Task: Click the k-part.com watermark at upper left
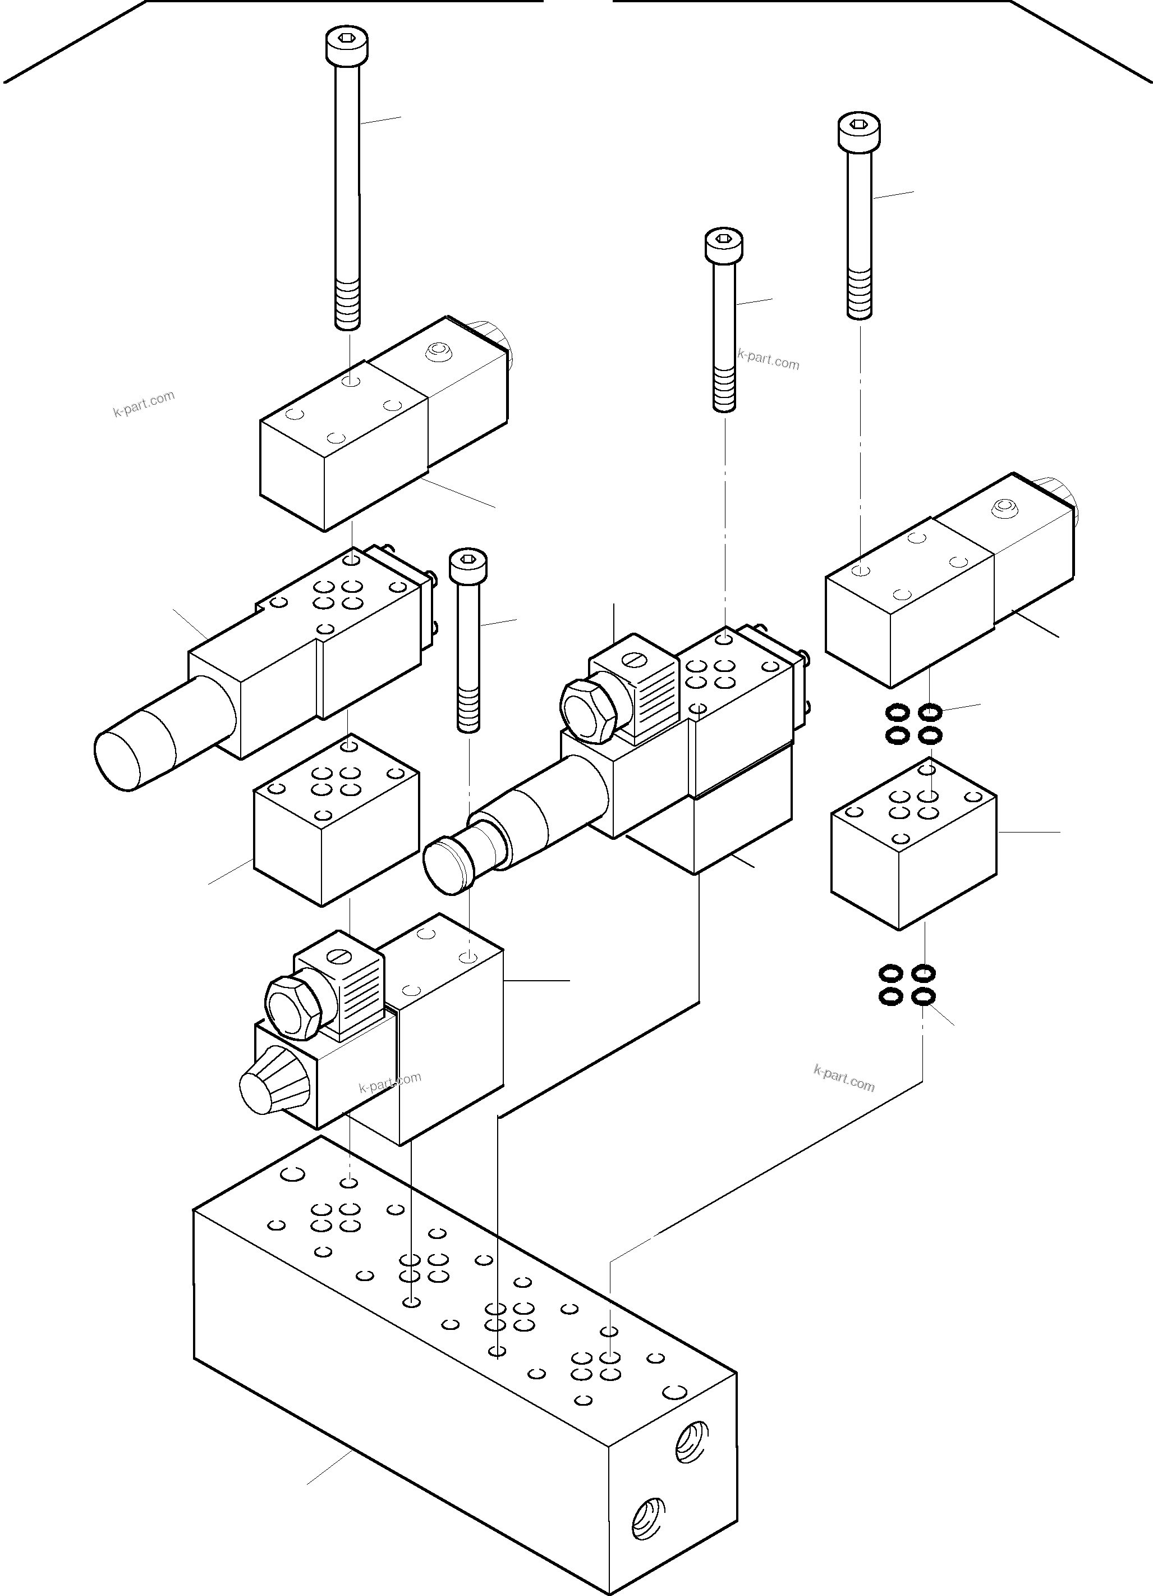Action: coord(144,405)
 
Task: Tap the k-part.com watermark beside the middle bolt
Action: coord(768,360)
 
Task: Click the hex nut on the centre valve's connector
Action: coord(588,710)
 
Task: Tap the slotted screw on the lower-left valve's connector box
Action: coord(341,958)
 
